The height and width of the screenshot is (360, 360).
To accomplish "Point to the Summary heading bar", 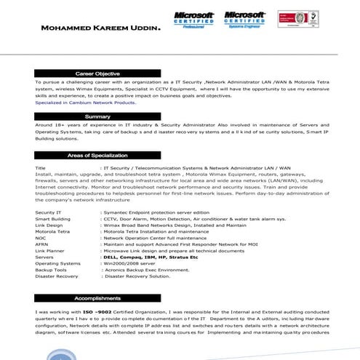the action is pos(97,116).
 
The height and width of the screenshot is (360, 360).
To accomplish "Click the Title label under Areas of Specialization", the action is pos(41,168).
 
